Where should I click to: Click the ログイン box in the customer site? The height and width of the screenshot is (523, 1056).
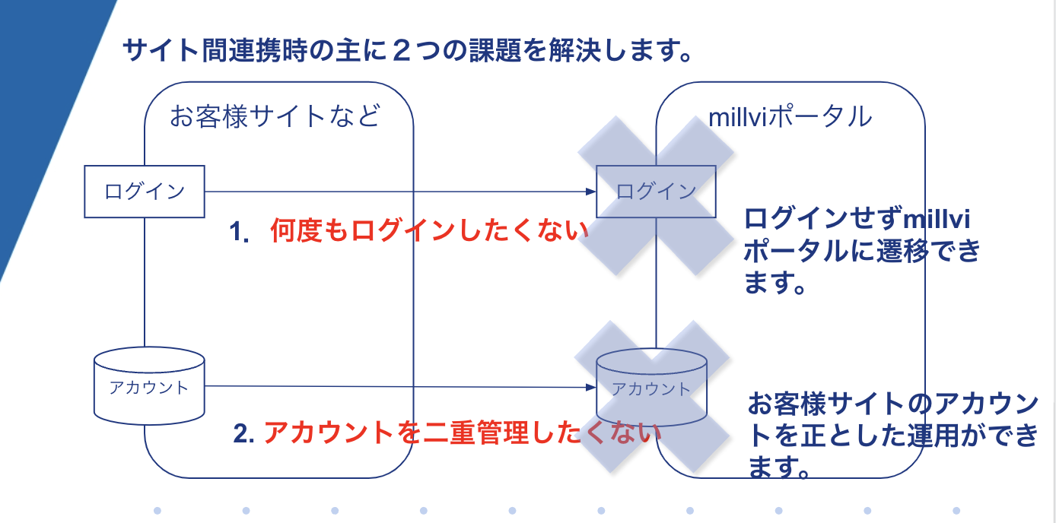pyautogui.click(x=144, y=192)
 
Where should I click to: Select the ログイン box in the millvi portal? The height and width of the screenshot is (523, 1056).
pyautogui.click(x=656, y=192)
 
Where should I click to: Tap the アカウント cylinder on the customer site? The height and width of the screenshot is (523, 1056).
pyautogui.click(x=149, y=386)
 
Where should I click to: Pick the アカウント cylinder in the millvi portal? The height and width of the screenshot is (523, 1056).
pyautogui.click(x=651, y=388)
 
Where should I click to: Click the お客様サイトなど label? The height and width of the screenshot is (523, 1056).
pyautogui.click(x=275, y=117)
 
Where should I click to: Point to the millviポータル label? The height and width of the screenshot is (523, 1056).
pyautogui.click(x=789, y=117)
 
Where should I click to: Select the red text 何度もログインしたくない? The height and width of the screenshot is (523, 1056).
pyautogui.click(x=430, y=231)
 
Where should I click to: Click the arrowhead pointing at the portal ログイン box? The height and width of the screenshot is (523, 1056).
pyautogui.click(x=590, y=192)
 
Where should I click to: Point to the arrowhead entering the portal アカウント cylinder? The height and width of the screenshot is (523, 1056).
pyautogui.click(x=590, y=388)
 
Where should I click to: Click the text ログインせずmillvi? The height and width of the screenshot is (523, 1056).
pyautogui.click(x=858, y=219)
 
